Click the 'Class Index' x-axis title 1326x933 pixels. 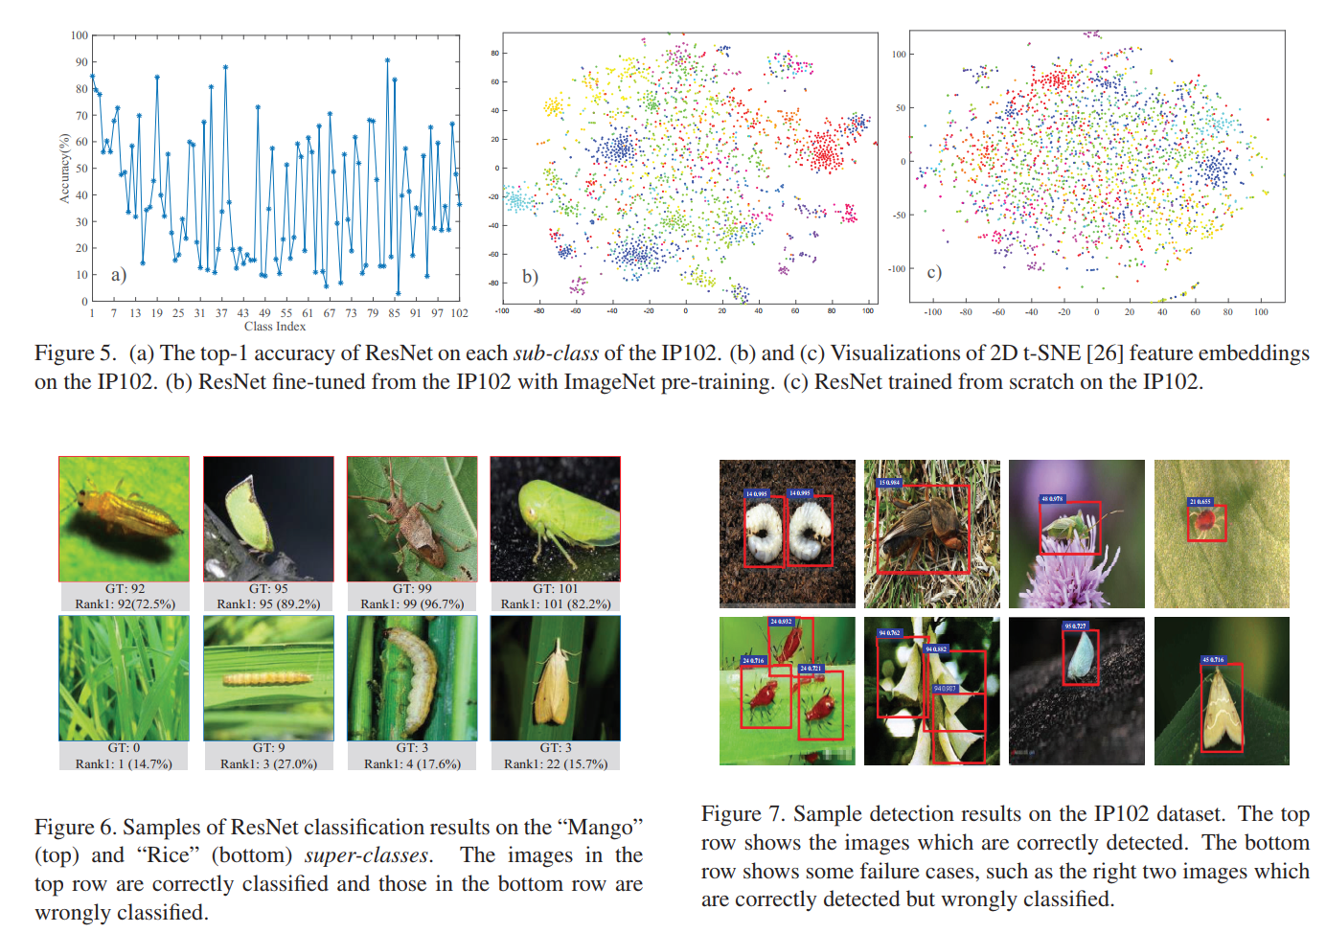pos(275,327)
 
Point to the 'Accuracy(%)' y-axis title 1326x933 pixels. pos(65,169)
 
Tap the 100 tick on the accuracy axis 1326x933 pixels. pos(79,35)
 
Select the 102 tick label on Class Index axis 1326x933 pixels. pos(459,313)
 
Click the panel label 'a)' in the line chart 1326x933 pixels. pos(118,275)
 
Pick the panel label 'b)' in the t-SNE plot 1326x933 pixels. pos(530,276)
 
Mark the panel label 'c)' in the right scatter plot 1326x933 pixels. pos(934,272)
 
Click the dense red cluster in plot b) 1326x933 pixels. pos(822,151)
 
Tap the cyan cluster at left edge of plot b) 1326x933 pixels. pos(518,201)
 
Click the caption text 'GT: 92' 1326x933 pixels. pos(125,589)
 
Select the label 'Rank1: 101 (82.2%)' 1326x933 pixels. pos(555,604)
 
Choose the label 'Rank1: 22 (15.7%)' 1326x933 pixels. pos(555,763)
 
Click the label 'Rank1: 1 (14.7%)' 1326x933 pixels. pos(124,763)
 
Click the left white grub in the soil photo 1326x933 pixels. pos(764,532)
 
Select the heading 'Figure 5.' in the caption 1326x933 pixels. pos(75,353)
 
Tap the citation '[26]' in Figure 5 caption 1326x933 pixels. pos(1105,353)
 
